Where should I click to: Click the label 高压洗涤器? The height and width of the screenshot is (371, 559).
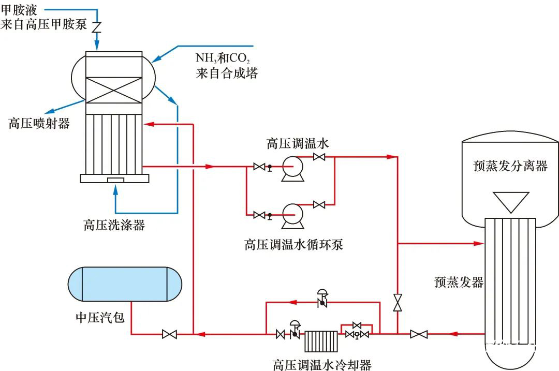point(114,225)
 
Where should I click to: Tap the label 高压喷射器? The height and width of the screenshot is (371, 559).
point(39,124)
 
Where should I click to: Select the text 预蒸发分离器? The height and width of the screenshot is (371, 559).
point(510,166)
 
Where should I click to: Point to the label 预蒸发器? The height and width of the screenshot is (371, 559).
point(459,282)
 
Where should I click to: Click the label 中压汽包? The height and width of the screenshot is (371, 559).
point(100,317)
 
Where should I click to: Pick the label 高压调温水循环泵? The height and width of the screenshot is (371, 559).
point(293,244)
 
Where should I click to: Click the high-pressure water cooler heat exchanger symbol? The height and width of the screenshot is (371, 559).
point(321,342)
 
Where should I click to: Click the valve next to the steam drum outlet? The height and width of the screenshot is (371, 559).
point(169,334)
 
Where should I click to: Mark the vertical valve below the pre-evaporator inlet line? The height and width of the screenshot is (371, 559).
point(398,303)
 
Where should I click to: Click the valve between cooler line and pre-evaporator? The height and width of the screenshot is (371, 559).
point(418,334)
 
